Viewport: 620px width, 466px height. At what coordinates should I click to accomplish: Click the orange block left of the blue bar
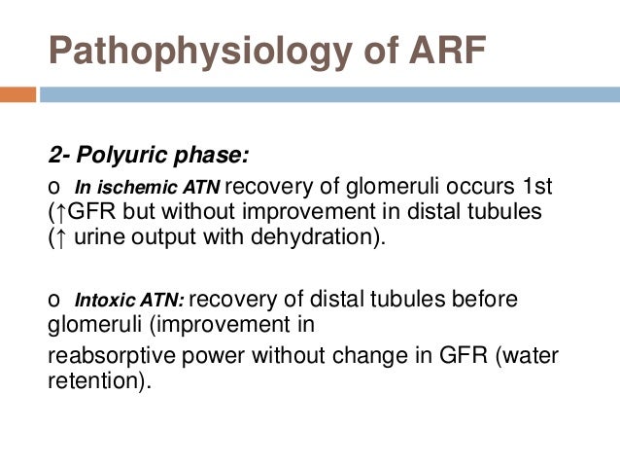pyautogui.click(x=17, y=95)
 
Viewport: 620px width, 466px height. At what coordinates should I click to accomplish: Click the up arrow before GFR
pyautogui.click(x=61, y=212)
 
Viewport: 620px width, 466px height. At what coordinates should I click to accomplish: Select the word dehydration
pyautogui.click(x=324, y=236)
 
